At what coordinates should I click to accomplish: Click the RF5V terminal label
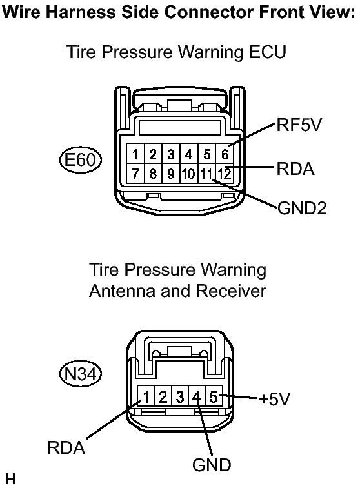[299, 125]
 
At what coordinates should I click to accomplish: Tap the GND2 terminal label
[302, 208]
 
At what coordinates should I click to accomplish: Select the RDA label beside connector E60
[295, 168]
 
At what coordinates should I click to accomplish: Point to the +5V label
[274, 399]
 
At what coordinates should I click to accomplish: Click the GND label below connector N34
[212, 465]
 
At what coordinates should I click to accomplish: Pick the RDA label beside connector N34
[66, 447]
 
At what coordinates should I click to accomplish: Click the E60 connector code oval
[81, 159]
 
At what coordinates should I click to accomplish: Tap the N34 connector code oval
[81, 374]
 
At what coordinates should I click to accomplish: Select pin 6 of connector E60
[225, 154]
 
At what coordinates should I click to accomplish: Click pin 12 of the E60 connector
[225, 174]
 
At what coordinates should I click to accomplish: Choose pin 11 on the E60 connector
[206, 174]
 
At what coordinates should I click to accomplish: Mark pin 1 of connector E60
[135, 154]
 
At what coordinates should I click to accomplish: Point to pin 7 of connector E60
[135, 174]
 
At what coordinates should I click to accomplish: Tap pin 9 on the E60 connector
[171, 174]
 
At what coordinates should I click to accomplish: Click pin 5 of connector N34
[214, 397]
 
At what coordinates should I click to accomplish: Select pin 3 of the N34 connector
[180, 397]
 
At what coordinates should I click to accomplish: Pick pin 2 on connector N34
[163, 397]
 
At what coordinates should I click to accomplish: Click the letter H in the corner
[10, 479]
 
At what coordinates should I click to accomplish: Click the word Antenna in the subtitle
[122, 291]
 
